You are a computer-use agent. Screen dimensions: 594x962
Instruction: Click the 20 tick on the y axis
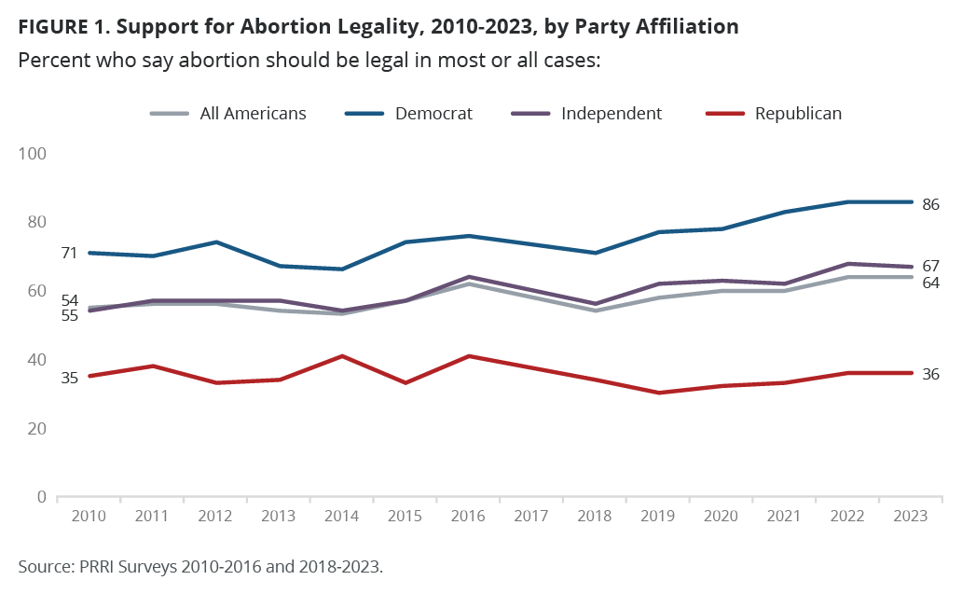[36, 428]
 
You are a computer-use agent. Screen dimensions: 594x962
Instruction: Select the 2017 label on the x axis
[532, 516]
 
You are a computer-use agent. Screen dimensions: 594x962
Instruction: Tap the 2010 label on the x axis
[89, 516]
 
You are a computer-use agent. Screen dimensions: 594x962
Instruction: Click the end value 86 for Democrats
[930, 204]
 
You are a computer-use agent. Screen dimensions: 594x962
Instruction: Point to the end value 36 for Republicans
[930, 374]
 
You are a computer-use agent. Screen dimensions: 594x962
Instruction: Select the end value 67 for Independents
[930, 266]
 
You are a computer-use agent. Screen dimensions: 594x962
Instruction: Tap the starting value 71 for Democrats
[68, 253]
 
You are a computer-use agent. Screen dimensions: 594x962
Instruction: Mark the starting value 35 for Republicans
[68, 377]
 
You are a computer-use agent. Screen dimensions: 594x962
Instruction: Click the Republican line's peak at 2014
[343, 356]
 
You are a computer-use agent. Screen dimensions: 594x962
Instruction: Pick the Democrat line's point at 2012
[216, 242]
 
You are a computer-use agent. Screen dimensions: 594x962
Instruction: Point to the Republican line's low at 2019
[659, 393]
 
